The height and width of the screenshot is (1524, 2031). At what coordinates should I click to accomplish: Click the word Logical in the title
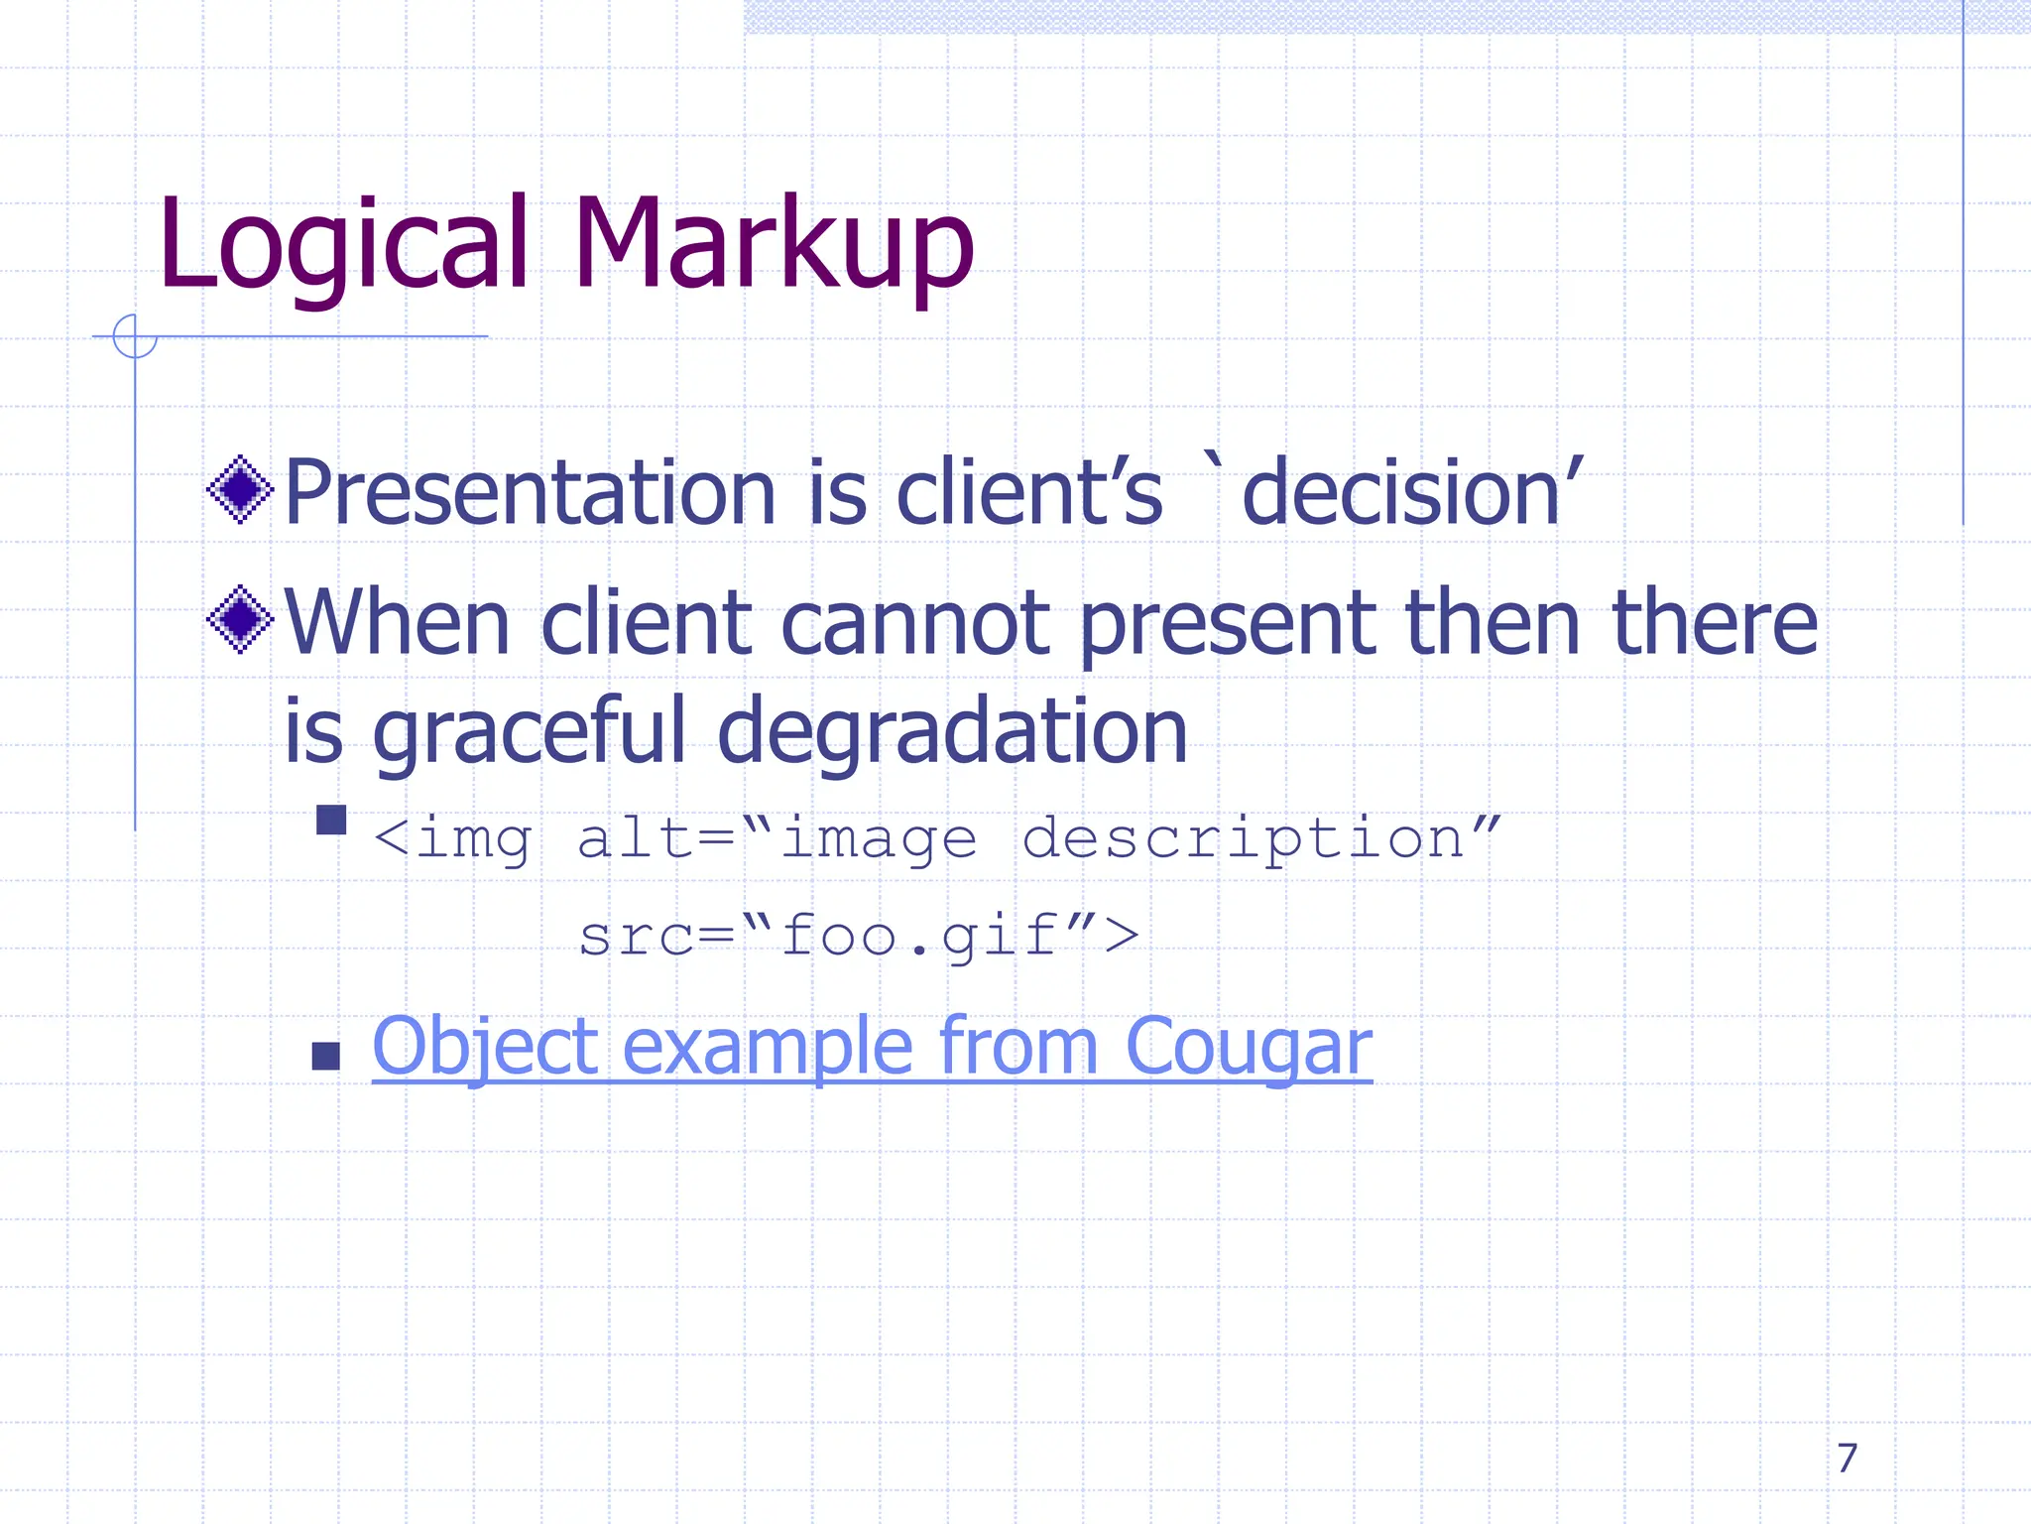[342, 246]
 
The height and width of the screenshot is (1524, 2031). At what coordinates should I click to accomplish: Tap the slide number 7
[1847, 1458]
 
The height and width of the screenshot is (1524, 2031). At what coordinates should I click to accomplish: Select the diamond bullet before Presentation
[240, 489]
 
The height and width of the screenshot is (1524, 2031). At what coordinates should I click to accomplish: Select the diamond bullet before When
[240, 620]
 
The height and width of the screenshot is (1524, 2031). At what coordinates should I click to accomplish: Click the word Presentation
[530, 493]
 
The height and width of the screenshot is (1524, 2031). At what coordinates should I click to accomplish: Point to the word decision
[1400, 493]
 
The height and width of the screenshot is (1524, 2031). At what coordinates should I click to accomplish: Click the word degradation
[952, 733]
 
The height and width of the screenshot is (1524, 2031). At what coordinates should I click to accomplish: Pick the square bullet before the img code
[331, 820]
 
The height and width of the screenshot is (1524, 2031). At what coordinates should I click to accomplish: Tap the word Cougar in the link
[1249, 1047]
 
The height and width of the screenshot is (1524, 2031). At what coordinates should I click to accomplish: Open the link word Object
[484, 1047]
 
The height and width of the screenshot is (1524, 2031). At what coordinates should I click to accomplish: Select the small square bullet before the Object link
[326, 1057]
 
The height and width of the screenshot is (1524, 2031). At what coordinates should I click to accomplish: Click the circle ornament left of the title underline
[134, 336]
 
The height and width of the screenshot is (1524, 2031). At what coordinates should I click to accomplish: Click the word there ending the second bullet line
[1715, 624]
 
